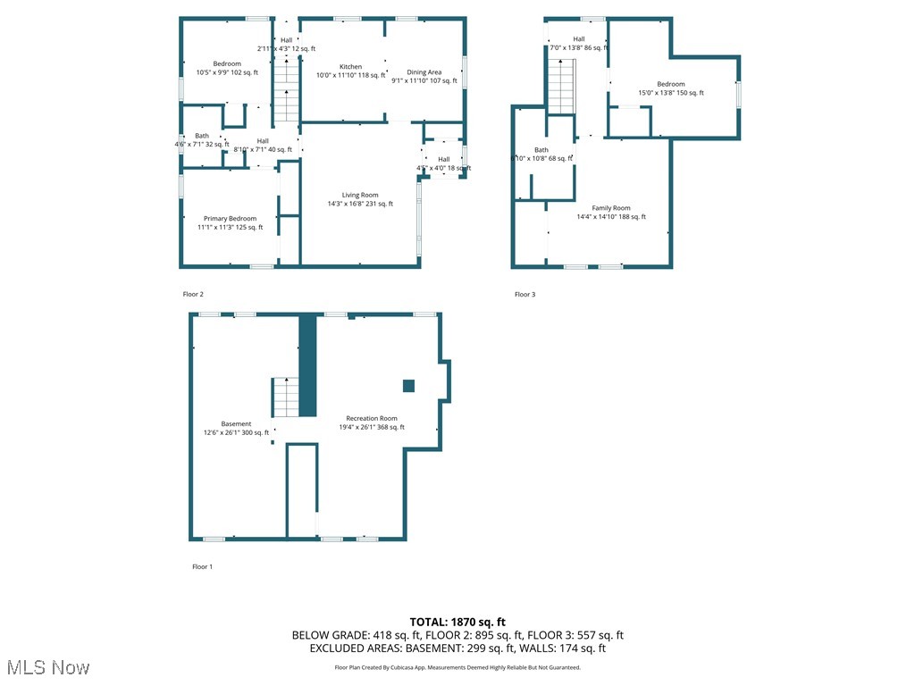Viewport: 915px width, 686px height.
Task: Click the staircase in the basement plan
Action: coord(284,397)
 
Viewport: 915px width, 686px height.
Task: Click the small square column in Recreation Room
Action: coord(408,386)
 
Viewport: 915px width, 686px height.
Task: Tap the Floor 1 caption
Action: coord(202,566)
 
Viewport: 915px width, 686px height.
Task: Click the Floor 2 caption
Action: coord(193,294)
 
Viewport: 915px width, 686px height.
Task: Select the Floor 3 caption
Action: coord(525,294)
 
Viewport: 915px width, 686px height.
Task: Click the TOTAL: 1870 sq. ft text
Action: coord(457,622)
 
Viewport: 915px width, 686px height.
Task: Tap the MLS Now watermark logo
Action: coord(46,667)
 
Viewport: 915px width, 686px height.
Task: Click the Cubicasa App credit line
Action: coord(457,667)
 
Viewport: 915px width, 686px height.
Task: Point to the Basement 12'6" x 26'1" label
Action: coord(236,428)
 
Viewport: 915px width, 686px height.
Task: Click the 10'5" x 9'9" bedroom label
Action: coord(227,68)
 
